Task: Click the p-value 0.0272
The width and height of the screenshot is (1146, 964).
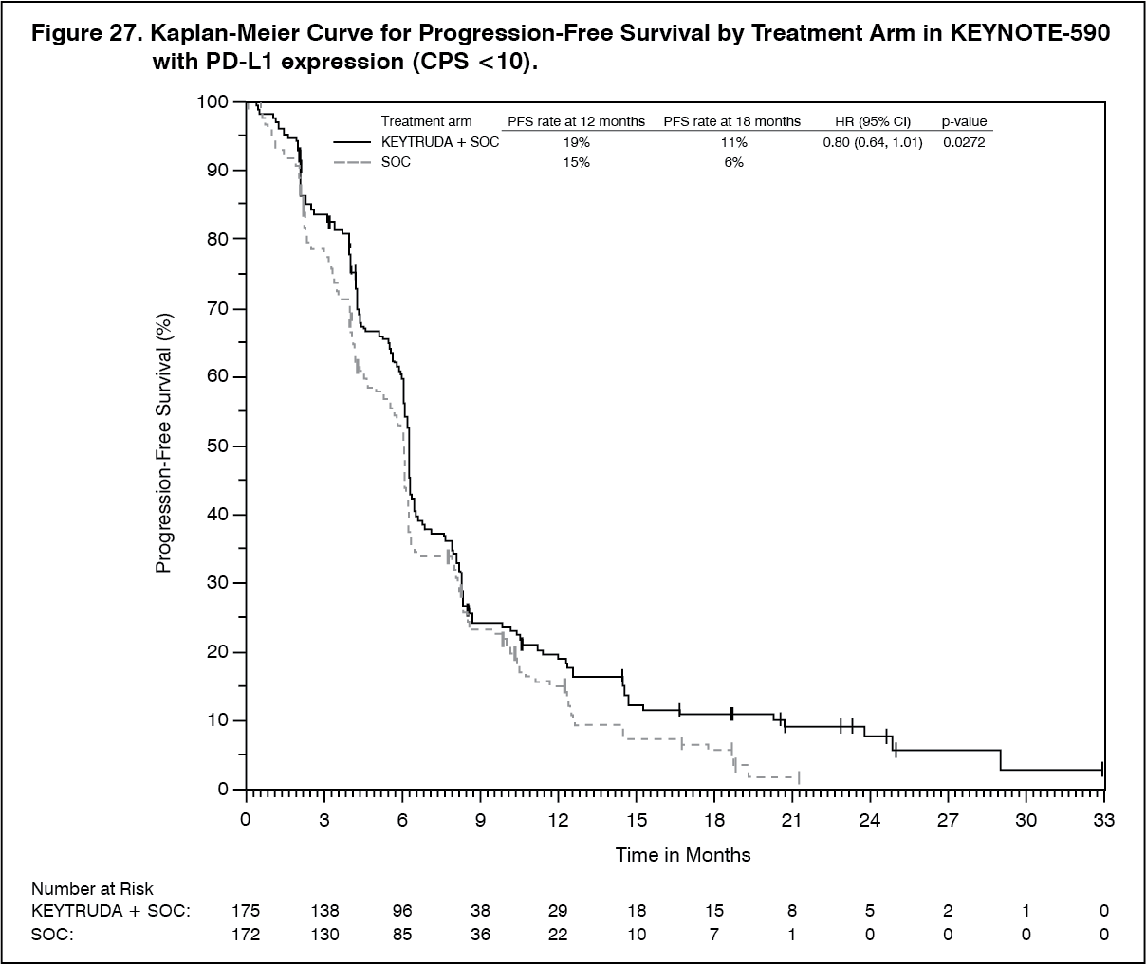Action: [x=964, y=142]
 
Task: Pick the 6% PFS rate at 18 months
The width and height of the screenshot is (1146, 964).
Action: [x=731, y=162]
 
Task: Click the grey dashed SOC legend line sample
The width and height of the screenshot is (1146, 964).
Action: [x=351, y=162]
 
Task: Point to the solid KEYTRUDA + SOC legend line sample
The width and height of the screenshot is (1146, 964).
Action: [x=351, y=142]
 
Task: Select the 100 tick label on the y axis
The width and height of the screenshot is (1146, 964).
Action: [x=213, y=101]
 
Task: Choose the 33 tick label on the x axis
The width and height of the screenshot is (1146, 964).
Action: [x=1103, y=820]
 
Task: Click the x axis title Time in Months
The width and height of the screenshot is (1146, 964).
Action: [x=683, y=855]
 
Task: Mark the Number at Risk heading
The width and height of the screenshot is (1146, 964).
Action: [x=92, y=889]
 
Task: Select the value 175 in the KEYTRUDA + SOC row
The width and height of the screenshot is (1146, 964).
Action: [x=246, y=911]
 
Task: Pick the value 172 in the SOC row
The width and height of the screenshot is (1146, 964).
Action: [x=246, y=934]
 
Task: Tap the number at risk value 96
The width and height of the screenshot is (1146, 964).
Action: [x=402, y=911]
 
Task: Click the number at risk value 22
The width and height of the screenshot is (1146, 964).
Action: [x=558, y=934]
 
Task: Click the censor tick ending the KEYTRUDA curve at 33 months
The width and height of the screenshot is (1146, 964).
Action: [x=1102, y=769]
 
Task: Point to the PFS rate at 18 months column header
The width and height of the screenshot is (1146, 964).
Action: [x=731, y=121]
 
